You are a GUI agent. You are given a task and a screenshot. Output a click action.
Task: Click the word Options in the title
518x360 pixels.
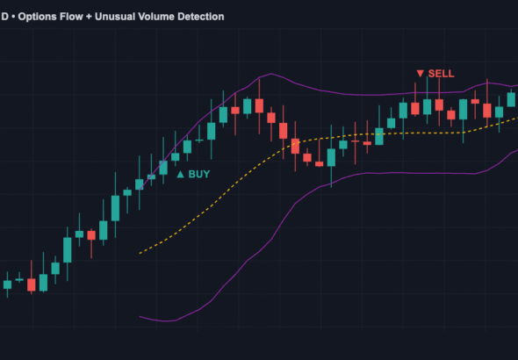coord(42,17)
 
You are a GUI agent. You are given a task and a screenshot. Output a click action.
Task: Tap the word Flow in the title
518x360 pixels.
coord(81,17)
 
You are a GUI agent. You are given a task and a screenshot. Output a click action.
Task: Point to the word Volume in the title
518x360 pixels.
coord(175,17)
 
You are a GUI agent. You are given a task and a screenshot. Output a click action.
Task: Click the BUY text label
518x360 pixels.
coord(199,175)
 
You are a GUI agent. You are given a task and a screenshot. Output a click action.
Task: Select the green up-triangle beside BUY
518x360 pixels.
coord(181,175)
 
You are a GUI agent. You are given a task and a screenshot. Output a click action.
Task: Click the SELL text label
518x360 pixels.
coord(442,73)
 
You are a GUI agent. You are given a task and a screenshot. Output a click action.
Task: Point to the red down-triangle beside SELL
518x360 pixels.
coord(421,73)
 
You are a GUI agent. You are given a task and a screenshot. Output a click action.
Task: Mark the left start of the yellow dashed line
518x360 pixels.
coord(140,255)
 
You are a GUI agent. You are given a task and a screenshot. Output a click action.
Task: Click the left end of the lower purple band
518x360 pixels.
coord(140,316)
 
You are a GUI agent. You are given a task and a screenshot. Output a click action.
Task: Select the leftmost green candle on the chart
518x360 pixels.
coord(8,284)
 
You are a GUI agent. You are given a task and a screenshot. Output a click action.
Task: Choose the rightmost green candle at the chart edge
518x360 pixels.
coord(511,99)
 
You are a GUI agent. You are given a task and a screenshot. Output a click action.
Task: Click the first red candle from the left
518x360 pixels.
coord(32,284)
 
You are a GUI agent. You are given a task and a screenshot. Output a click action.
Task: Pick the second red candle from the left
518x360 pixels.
coord(90,235)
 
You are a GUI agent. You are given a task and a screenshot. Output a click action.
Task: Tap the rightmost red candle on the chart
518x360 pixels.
coord(487,110)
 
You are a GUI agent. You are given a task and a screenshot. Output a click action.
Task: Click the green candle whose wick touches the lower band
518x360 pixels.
coord(331,157)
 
